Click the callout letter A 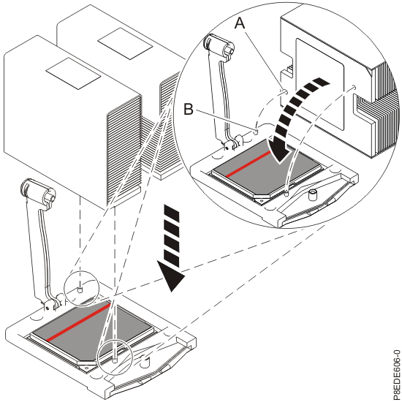click(240, 23)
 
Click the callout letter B click(189, 110)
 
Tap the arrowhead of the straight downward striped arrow click(171, 276)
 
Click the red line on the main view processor click(78, 322)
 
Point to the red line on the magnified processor click(249, 164)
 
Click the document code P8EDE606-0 click(396, 373)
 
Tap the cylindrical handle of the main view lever click(38, 191)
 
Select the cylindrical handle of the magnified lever click(219, 45)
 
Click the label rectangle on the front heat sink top click(73, 73)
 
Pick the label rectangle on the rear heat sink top click(125, 44)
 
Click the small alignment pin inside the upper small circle click(80, 290)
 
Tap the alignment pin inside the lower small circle click(115, 360)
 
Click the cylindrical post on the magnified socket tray click(313, 195)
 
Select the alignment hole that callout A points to click(284, 91)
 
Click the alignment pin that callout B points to click(256, 132)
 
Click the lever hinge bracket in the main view click(52, 303)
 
